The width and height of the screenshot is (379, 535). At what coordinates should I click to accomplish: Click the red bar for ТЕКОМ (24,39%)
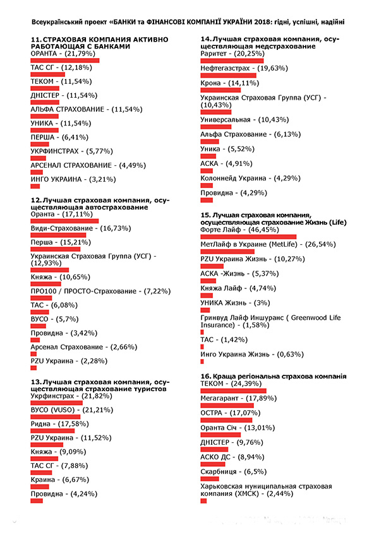232,391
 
